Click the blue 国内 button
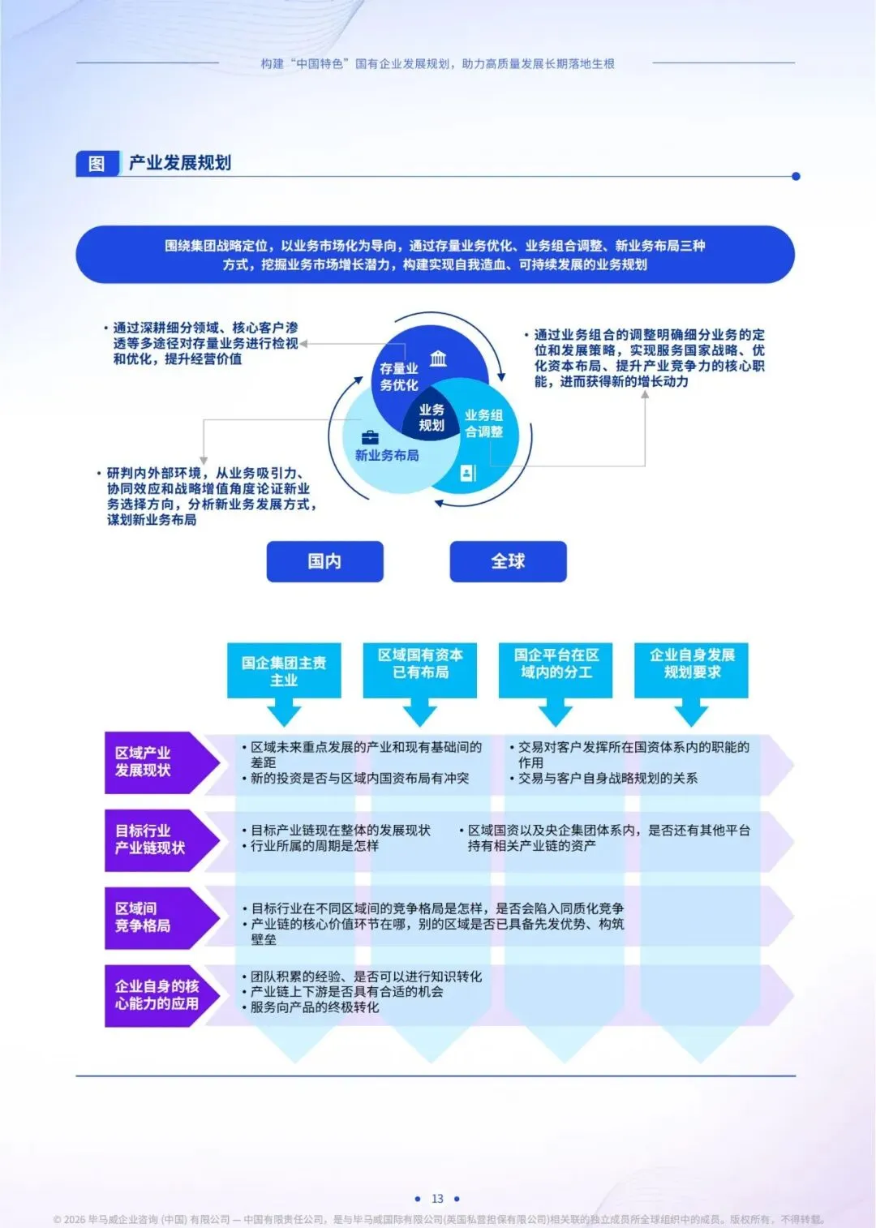click(324, 561)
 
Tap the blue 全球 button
click(508, 561)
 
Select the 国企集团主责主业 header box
click(284, 671)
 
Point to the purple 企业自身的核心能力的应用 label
click(156, 995)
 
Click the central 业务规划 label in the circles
click(432, 418)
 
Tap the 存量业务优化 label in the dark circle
click(399, 377)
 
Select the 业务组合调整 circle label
click(483, 423)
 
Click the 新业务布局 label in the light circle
click(387, 456)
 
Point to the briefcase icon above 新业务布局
click(370, 438)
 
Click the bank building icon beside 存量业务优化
click(438, 359)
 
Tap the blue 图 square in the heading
click(97, 164)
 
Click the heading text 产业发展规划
click(180, 163)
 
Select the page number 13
click(437, 1199)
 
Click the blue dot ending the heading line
click(796, 176)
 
